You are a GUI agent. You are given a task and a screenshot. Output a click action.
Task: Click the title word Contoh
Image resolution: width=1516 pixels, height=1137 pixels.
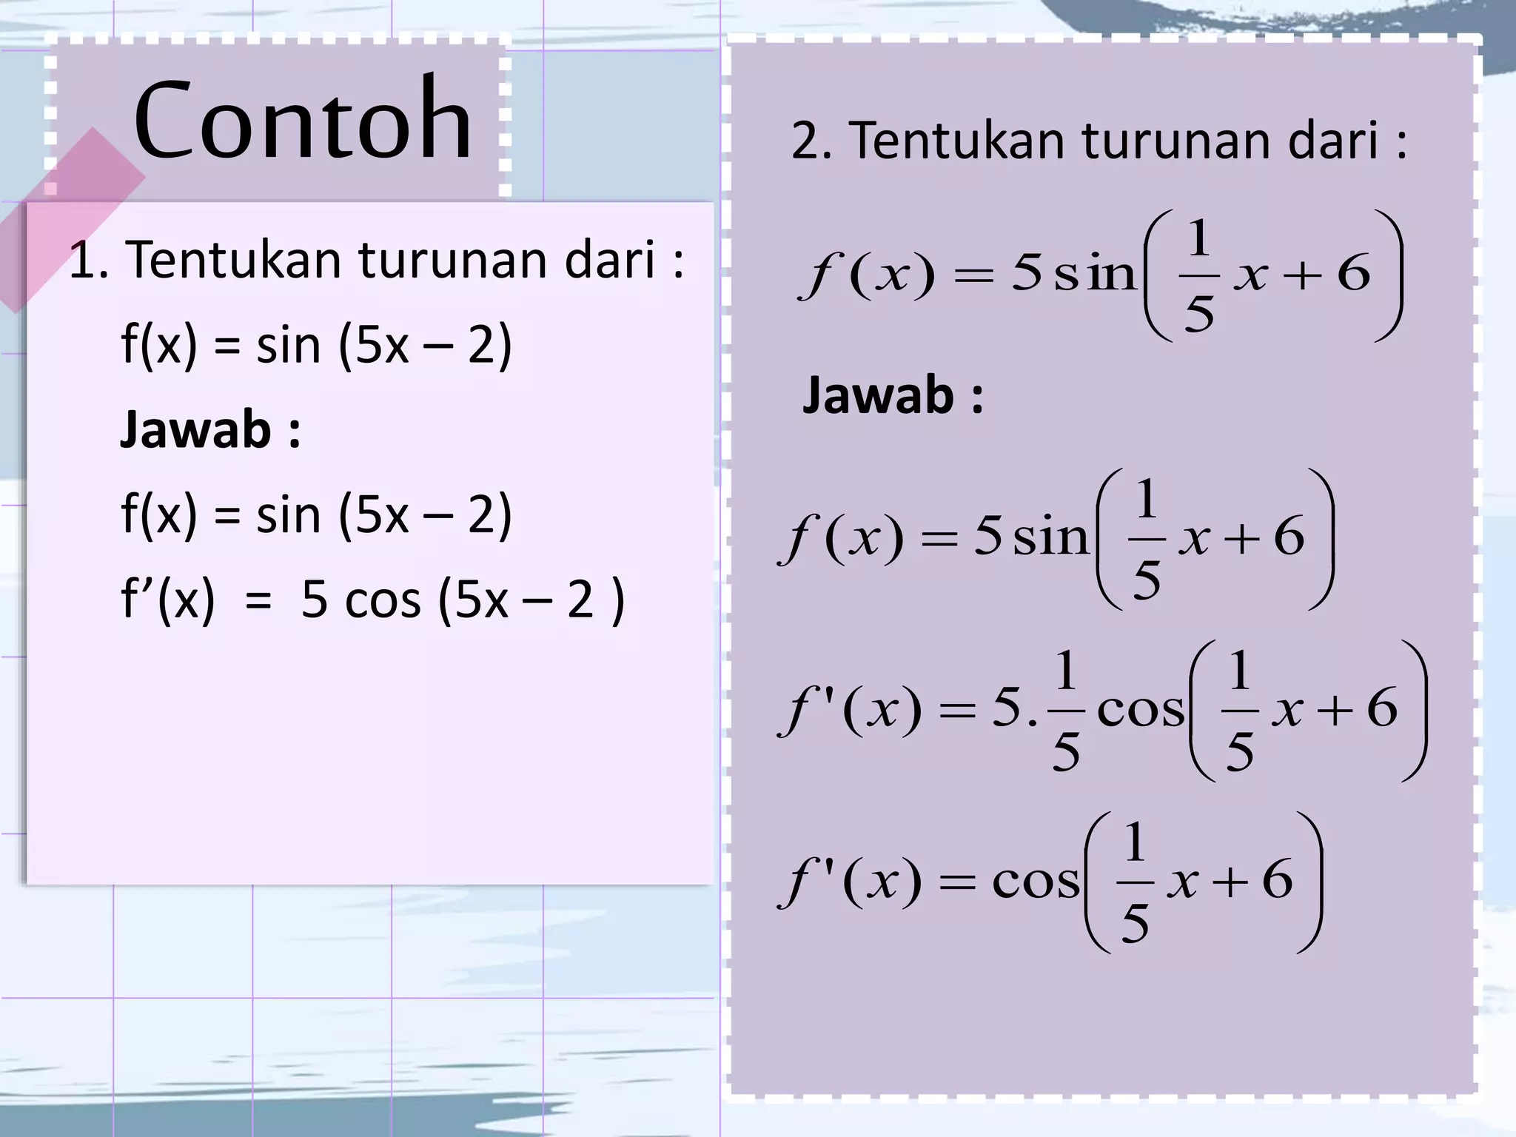(303, 120)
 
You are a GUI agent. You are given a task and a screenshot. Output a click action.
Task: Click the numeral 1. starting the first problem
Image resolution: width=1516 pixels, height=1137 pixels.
(88, 261)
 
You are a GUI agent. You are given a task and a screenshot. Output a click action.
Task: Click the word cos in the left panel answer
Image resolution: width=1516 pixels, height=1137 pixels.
(383, 600)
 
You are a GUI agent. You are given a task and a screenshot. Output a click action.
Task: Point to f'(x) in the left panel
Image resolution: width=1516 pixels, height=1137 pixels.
(168, 600)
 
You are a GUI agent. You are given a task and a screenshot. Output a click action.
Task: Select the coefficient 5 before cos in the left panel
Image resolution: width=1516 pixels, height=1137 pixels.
(315, 600)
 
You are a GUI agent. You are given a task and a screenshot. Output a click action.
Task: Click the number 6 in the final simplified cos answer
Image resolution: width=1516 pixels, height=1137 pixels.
(1277, 879)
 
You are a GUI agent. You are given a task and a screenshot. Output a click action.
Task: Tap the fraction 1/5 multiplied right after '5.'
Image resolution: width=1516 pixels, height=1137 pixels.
(1065, 709)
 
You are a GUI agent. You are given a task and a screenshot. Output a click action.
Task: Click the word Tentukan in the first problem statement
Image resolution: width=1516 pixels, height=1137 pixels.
(237, 261)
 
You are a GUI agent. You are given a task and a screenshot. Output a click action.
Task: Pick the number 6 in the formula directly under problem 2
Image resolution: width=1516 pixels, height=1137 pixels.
(1354, 274)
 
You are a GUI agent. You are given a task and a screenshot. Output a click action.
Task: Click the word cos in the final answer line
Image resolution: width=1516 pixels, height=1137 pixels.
(1035, 881)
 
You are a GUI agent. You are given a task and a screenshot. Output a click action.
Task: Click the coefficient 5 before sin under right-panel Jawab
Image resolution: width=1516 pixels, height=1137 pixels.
(987, 536)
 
